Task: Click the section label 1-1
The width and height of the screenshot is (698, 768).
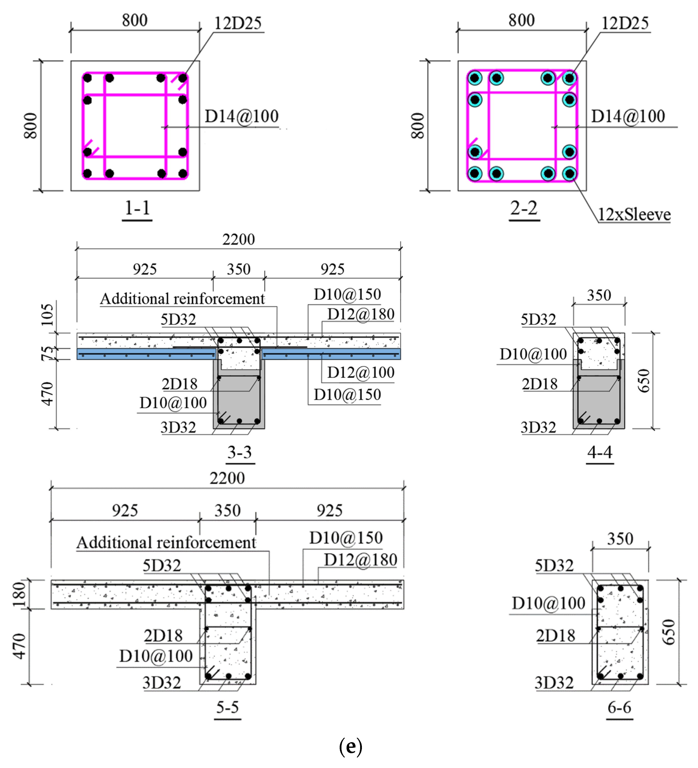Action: [137, 209]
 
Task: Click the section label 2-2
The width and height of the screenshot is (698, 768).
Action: [524, 209]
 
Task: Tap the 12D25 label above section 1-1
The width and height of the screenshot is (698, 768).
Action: [238, 24]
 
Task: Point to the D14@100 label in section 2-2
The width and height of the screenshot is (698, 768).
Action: [628, 116]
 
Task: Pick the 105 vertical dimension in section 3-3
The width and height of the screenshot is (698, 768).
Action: [48, 315]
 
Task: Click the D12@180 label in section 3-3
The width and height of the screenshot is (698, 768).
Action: [360, 314]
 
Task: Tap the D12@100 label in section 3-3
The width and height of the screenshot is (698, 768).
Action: [360, 373]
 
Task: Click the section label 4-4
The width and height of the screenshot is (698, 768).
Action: [600, 452]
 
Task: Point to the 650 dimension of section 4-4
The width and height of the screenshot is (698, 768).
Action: [644, 381]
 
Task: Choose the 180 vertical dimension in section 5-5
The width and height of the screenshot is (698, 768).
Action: [19, 594]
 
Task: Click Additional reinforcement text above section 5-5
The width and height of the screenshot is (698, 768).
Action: [167, 542]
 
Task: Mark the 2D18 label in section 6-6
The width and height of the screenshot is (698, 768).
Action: [555, 636]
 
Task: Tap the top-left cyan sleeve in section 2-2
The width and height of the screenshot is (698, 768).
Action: [475, 78]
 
